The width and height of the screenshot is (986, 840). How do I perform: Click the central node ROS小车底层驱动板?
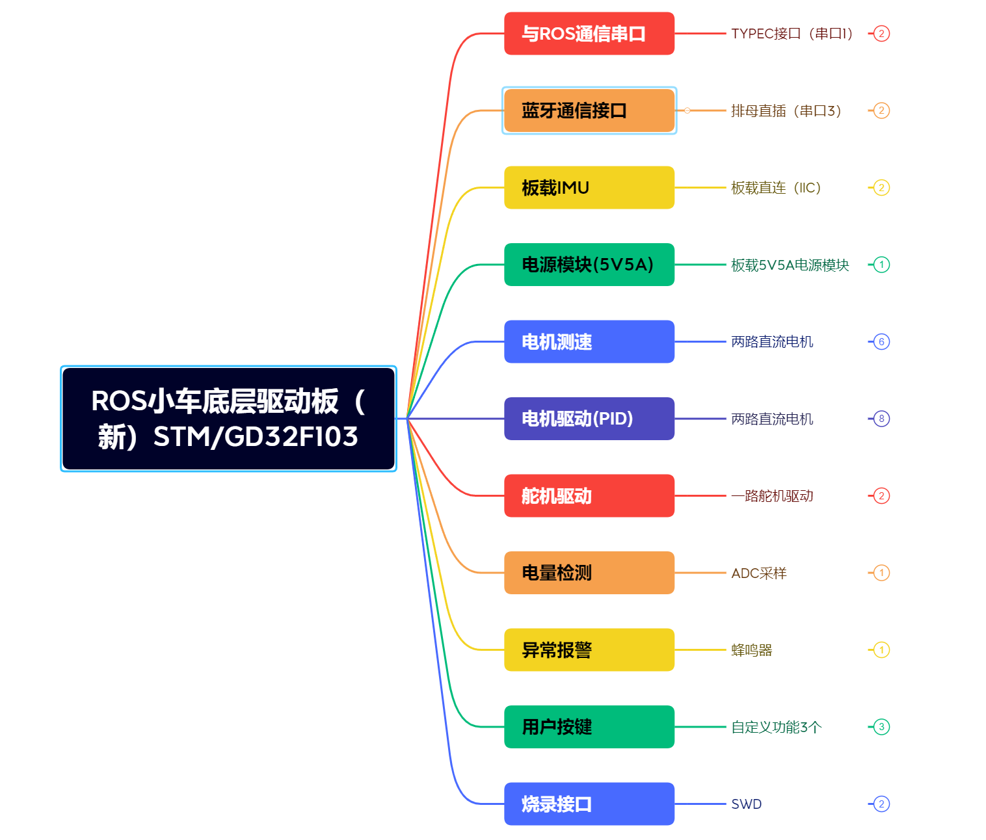pyautogui.click(x=228, y=419)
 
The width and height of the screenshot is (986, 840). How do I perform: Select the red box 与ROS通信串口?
pyautogui.click(x=589, y=34)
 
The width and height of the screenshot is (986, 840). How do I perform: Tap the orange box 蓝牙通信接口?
pyautogui.click(x=589, y=111)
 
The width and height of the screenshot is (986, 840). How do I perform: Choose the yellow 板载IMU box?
pyautogui.click(x=589, y=188)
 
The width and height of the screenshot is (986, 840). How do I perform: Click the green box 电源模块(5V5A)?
pyautogui.click(x=589, y=265)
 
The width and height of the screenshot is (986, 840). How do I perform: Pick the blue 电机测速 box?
pyautogui.click(x=589, y=342)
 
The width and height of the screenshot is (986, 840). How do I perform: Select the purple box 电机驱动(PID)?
pyautogui.click(x=589, y=419)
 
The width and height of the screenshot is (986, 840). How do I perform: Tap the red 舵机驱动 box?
pyautogui.click(x=589, y=496)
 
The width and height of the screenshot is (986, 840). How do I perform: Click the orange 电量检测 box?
pyautogui.click(x=589, y=573)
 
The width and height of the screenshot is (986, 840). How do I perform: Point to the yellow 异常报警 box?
pyautogui.click(x=589, y=650)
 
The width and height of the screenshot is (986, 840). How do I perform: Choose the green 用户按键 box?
pyautogui.click(x=589, y=727)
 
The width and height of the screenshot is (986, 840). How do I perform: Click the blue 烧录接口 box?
pyautogui.click(x=589, y=804)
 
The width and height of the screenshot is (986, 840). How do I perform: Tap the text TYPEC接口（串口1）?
pyautogui.click(x=792, y=34)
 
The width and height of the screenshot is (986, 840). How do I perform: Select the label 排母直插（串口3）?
pyautogui.click(x=786, y=111)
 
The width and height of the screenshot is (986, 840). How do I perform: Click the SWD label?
pyautogui.click(x=746, y=804)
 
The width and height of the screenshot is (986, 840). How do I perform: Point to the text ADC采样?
pyautogui.click(x=758, y=573)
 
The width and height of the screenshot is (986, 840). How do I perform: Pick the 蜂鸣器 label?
pyautogui.click(x=751, y=650)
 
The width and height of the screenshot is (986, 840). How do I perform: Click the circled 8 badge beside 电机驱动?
pyautogui.click(x=881, y=419)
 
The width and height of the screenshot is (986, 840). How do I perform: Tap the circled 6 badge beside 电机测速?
pyautogui.click(x=881, y=342)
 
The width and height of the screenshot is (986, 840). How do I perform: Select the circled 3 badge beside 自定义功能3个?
pyautogui.click(x=881, y=727)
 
